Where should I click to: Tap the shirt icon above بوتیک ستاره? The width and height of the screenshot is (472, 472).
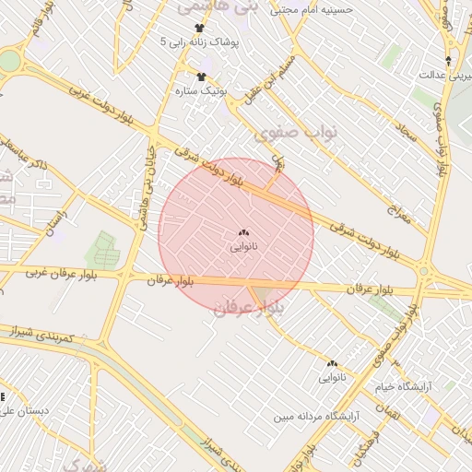[x=201, y=76]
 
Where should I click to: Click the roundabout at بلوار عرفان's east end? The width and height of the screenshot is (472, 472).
[x=423, y=272]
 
